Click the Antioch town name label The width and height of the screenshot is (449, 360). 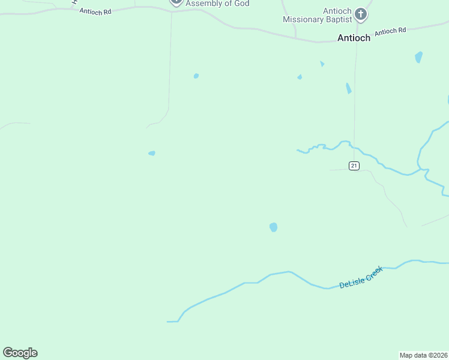click(354, 38)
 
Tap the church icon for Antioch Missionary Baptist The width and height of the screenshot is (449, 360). click(360, 14)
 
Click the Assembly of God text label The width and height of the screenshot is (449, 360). click(217, 4)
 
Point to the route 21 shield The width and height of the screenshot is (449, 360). click(354, 166)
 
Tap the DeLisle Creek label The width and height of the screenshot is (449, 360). click(361, 277)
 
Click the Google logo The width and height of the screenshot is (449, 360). click(20, 353)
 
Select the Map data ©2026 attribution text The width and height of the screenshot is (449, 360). click(423, 355)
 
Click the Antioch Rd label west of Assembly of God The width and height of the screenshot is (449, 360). click(95, 11)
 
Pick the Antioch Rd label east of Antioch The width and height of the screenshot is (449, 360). click(390, 32)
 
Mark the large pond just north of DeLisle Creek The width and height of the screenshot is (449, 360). click(274, 227)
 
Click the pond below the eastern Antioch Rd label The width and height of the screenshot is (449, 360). click(418, 57)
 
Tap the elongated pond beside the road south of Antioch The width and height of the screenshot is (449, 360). click(348, 88)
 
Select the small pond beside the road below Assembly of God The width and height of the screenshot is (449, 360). click(196, 76)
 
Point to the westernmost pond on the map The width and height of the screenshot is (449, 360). click(152, 153)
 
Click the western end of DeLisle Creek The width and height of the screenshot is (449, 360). click(169, 322)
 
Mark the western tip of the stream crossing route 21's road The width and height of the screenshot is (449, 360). click(298, 150)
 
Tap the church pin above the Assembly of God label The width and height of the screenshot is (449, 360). click(176, 2)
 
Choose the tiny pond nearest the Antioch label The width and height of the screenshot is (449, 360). click(322, 64)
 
